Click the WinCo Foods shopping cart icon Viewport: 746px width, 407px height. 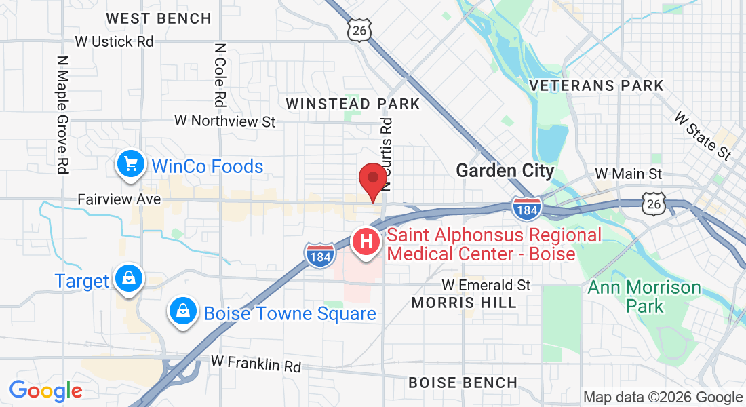click(x=130, y=165)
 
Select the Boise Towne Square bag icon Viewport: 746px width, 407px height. click(x=182, y=311)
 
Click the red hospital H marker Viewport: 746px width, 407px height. click(x=366, y=241)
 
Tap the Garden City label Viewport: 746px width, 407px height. click(x=505, y=170)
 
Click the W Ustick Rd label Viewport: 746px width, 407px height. click(x=115, y=41)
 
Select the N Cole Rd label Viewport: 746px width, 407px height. click(x=219, y=76)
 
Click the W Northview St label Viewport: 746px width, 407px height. click(x=225, y=121)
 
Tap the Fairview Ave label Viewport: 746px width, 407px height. click(x=119, y=199)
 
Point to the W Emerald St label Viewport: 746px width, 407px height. click(x=486, y=285)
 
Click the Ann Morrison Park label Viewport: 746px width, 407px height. click(x=644, y=296)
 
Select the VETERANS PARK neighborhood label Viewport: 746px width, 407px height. click(x=596, y=85)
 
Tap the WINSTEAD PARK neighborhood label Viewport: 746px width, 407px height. click(x=353, y=104)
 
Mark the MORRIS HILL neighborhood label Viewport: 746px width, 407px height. click(x=464, y=303)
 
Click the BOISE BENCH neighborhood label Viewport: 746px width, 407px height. click(x=463, y=383)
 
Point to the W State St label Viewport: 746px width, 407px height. click(x=703, y=136)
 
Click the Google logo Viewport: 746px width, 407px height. click(x=45, y=390)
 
